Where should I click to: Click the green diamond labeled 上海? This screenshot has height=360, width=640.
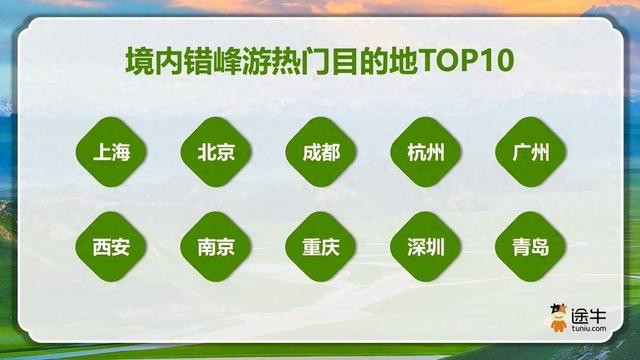click(x=111, y=152)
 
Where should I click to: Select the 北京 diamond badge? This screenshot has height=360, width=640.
click(x=216, y=152)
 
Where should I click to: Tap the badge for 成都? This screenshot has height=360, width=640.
click(x=321, y=152)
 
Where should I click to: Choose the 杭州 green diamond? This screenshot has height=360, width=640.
click(x=426, y=152)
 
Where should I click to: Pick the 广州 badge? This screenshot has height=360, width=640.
click(x=531, y=152)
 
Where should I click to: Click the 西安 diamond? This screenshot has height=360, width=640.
click(x=111, y=247)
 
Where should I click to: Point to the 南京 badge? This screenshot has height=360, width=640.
click(x=216, y=247)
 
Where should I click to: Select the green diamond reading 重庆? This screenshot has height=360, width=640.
click(x=321, y=247)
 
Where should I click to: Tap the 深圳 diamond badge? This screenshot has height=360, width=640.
click(x=426, y=247)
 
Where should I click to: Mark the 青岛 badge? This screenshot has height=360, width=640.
click(x=531, y=247)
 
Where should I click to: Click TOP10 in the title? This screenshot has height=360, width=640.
click(x=466, y=61)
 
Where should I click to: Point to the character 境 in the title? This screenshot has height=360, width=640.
click(x=139, y=61)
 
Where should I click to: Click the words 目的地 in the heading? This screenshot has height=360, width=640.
click(x=376, y=61)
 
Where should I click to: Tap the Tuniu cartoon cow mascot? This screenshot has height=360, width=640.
click(x=558, y=317)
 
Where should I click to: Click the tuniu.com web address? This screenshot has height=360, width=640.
click(x=589, y=328)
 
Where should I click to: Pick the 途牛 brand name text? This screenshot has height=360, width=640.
click(x=589, y=316)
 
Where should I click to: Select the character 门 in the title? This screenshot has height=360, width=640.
click(x=316, y=61)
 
